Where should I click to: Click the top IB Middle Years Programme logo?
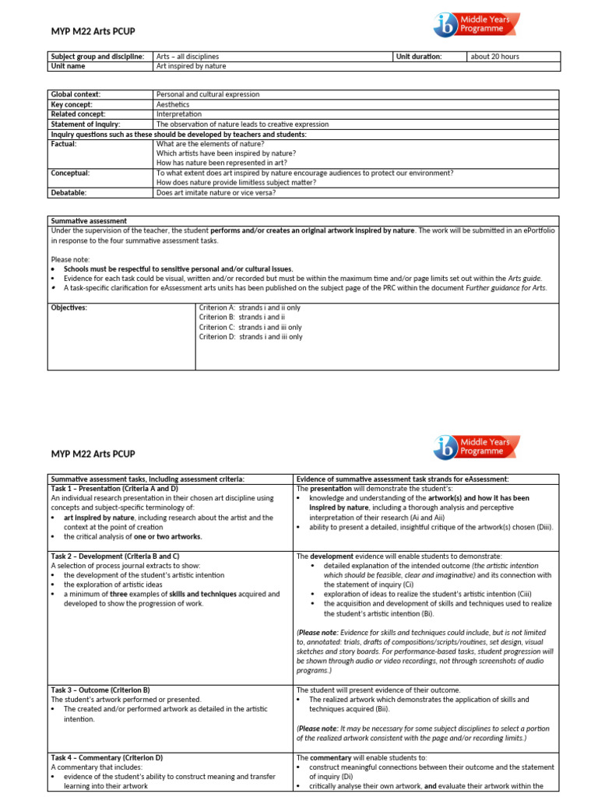pos(477,25)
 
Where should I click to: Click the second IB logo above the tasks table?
pos(477,448)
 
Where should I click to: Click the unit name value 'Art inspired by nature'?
pos(191,67)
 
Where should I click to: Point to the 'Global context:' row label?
pos(76,94)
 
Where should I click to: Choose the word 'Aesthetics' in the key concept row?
pos(173,104)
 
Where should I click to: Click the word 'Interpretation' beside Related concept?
pos(179,114)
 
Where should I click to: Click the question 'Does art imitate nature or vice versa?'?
pos(216,192)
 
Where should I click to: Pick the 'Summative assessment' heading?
pos(89,221)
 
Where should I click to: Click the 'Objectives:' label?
pos(69,308)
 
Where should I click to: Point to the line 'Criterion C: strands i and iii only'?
pos(250,328)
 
